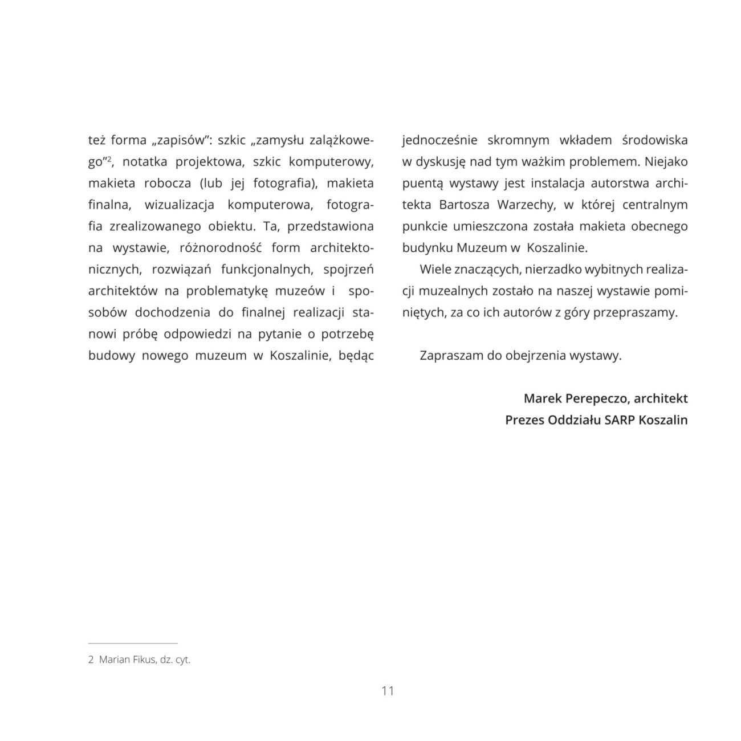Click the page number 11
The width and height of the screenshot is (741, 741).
tap(388, 691)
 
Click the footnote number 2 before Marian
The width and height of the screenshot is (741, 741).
tap(91, 660)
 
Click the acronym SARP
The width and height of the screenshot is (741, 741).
tap(620, 420)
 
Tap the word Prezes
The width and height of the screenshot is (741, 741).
tap(524, 420)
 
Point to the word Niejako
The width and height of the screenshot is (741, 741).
tap(666, 162)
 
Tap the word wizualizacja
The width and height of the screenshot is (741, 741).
tap(179, 205)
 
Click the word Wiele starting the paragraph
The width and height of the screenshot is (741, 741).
tap(435, 269)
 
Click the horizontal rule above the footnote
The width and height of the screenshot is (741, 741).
tap(133, 643)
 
